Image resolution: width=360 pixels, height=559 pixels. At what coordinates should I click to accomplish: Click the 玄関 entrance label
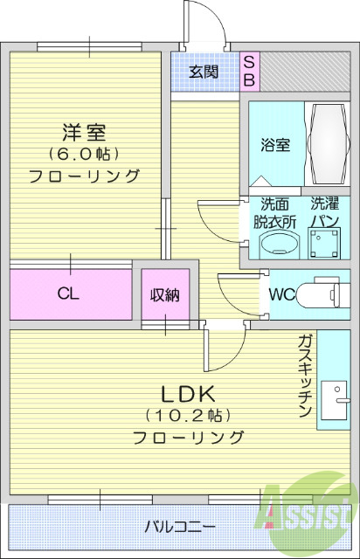coord(204,72)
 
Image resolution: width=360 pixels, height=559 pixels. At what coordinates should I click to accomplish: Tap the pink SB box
coord(248,71)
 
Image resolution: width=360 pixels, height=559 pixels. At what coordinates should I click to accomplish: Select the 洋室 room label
coord(84,133)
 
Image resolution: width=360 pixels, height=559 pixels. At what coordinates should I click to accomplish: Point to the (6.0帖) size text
coord(84,154)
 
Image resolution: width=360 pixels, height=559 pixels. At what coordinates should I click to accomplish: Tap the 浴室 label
coord(275,146)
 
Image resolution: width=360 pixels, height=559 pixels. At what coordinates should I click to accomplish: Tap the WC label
coord(281,293)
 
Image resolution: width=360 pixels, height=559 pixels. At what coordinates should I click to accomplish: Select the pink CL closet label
coord(69,294)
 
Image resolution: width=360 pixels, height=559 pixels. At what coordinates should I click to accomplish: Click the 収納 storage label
coord(164,295)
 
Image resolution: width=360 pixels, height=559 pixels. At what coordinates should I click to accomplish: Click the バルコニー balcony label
coord(180,527)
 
